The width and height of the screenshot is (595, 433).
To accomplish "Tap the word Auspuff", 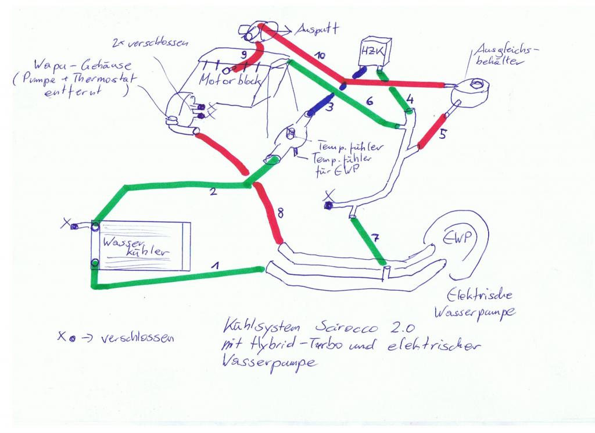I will tap(317, 28).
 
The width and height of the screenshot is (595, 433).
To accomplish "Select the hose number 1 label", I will tap(216, 266).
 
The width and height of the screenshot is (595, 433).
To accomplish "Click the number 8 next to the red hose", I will tap(281, 213).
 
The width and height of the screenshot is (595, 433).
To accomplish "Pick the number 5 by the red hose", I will tap(443, 135).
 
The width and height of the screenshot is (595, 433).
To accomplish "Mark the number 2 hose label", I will tap(213, 192).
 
